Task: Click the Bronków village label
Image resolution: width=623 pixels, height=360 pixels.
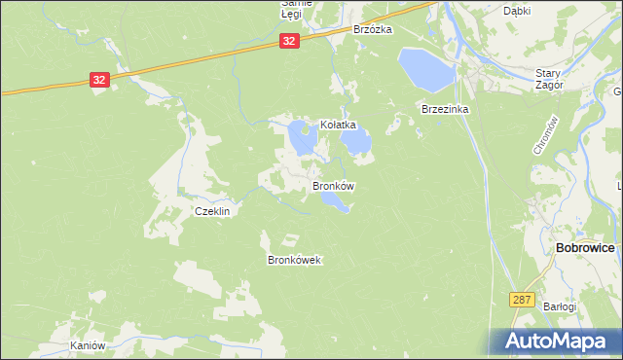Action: (333, 185)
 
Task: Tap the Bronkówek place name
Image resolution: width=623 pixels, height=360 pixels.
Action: (294, 260)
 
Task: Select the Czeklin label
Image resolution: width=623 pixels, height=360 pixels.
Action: (211, 211)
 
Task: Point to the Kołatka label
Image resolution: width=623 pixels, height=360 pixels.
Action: (339, 126)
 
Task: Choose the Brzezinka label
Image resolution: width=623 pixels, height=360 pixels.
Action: (445, 110)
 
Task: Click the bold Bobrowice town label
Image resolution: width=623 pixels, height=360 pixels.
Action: (584, 248)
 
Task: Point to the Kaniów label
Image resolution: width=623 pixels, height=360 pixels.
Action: (87, 346)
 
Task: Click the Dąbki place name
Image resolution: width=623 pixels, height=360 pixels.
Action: (516, 11)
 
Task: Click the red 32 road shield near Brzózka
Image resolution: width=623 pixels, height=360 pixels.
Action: (289, 41)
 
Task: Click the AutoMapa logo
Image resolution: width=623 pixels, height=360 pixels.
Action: (552, 342)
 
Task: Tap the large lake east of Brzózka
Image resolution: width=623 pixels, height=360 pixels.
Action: (424, 67)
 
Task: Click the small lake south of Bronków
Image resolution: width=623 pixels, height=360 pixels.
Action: (336, 201)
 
